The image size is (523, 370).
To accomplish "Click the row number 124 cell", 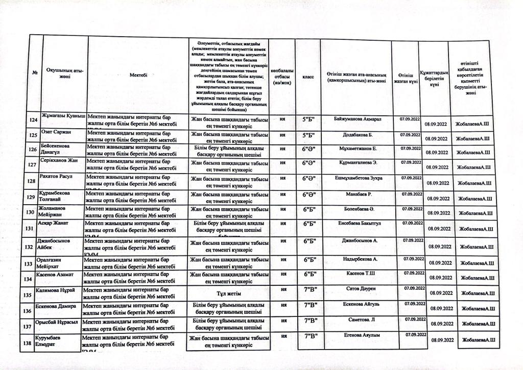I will (35, 120).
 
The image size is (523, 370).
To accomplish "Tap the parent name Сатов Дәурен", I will (358, 289).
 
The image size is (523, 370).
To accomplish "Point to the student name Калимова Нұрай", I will (56, 290).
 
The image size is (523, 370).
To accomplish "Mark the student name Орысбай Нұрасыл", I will (56, 322).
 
